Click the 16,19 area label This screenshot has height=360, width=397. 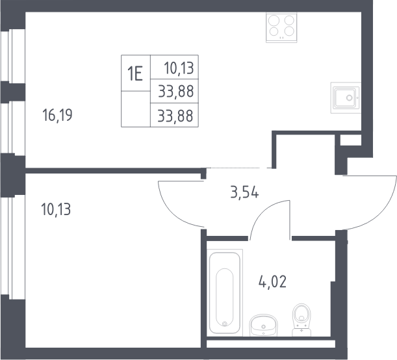coord(57,115)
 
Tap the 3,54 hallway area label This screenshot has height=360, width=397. coord(244,192)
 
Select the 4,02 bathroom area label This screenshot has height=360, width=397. coord(272,281)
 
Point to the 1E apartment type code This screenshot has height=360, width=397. coord(135,73)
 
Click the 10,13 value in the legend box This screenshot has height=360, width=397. coord(179,68)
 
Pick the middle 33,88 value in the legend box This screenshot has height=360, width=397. coord(176,91)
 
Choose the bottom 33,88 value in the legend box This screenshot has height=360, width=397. coord(175,116)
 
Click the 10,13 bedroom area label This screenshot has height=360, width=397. coord(56,209)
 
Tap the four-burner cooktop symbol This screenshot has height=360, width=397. coord(281,27)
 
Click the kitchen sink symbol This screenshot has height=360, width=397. coord(346,97)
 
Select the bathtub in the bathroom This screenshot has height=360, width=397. coord(225,292)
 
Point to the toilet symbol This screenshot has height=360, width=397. coord(301,320)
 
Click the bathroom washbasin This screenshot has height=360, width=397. coord(263,326)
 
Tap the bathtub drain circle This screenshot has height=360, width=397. coord(224,324)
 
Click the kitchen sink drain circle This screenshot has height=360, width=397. coord(349,97)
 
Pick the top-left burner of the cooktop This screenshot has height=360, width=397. coord(274,21)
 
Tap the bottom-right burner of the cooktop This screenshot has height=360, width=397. coord(289,31)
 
